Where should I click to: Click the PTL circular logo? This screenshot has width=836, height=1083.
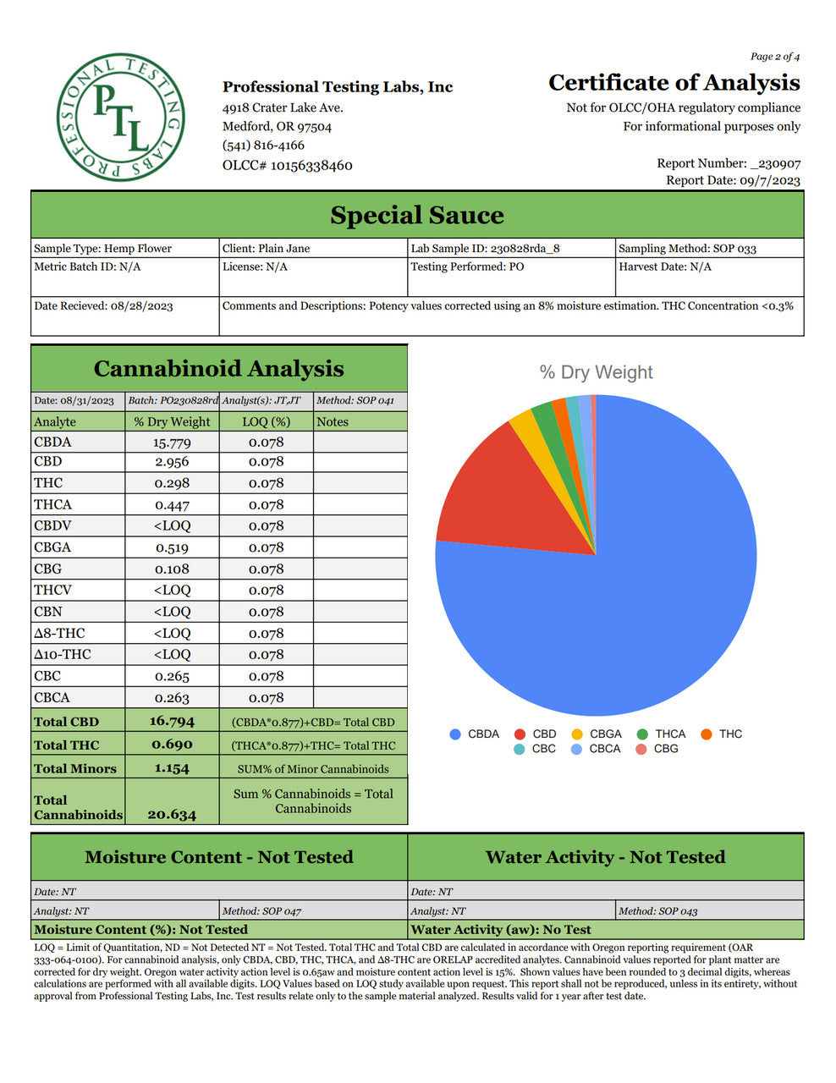pyautogui.click(x=120, y=118)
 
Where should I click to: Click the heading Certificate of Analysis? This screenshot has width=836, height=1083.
pyautogui.click(x=674, y=83)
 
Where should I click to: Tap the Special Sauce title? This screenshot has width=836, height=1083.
pyautogui.click(x=416, y=216)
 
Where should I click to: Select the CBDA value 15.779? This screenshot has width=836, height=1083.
pyautogui.click(x=172, y=443)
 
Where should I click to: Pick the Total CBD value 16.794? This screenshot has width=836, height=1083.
pyautogui.click(x=172, y=722)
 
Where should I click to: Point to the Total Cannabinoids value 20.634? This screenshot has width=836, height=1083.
pyautogui.click(x=172, y=815)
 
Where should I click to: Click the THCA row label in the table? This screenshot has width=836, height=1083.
pyautogui.click(x=53, y=505)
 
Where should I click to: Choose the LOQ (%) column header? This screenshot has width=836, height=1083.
pyautogui.click(x=266, y=421)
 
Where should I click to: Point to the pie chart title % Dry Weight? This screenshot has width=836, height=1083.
pyautogui.click(x=596, y=372)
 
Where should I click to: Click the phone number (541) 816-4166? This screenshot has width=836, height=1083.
pyautogui.click(x=263, y=146)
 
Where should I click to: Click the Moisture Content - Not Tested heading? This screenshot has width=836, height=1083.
pyautogui.click(x=219, y=857)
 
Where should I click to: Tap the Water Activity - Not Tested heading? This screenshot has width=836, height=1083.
pyautogui.click(x=605, y=857)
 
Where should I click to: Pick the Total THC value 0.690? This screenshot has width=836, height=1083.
pyautogui.click(x=172, y=745)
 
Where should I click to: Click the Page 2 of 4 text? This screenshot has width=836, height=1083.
pyautogui.click(x=774, y=57)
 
